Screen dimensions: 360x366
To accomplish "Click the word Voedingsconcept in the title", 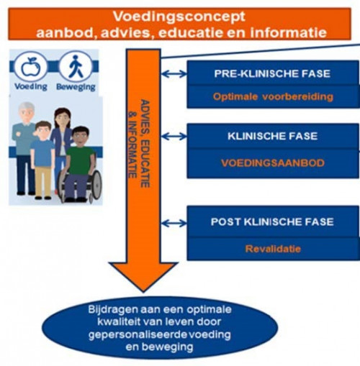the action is coord(179,17).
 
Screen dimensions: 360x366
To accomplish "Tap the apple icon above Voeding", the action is coord(30,67).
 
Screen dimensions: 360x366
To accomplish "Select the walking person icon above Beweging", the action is coord(76,66).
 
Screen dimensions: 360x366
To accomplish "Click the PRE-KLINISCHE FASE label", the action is coord(272,73).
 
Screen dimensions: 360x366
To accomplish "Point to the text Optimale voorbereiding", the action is coord(273,97).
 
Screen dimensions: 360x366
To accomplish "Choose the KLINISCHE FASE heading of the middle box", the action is coord(272,136).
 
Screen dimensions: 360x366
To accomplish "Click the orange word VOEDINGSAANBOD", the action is coord(273,163).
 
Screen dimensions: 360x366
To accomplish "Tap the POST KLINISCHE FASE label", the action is coord(272,221).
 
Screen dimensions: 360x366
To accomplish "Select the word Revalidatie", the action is coord(273,249).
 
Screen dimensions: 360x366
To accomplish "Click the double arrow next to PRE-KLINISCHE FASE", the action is coord(174,74).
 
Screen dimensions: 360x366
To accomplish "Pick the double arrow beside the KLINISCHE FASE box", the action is coord(174,137).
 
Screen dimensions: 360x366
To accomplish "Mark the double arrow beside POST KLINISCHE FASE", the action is coord(174,224).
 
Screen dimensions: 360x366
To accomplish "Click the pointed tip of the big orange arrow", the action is coord(143,292).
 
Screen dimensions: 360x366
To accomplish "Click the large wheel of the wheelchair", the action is coord(96,185).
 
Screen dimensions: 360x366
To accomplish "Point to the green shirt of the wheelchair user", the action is coord(80,157).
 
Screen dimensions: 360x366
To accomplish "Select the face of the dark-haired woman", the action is coord(62,121).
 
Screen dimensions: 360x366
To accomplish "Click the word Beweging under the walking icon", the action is coord(76,87).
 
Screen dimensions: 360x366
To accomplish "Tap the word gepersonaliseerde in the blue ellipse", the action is coord(138,335).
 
